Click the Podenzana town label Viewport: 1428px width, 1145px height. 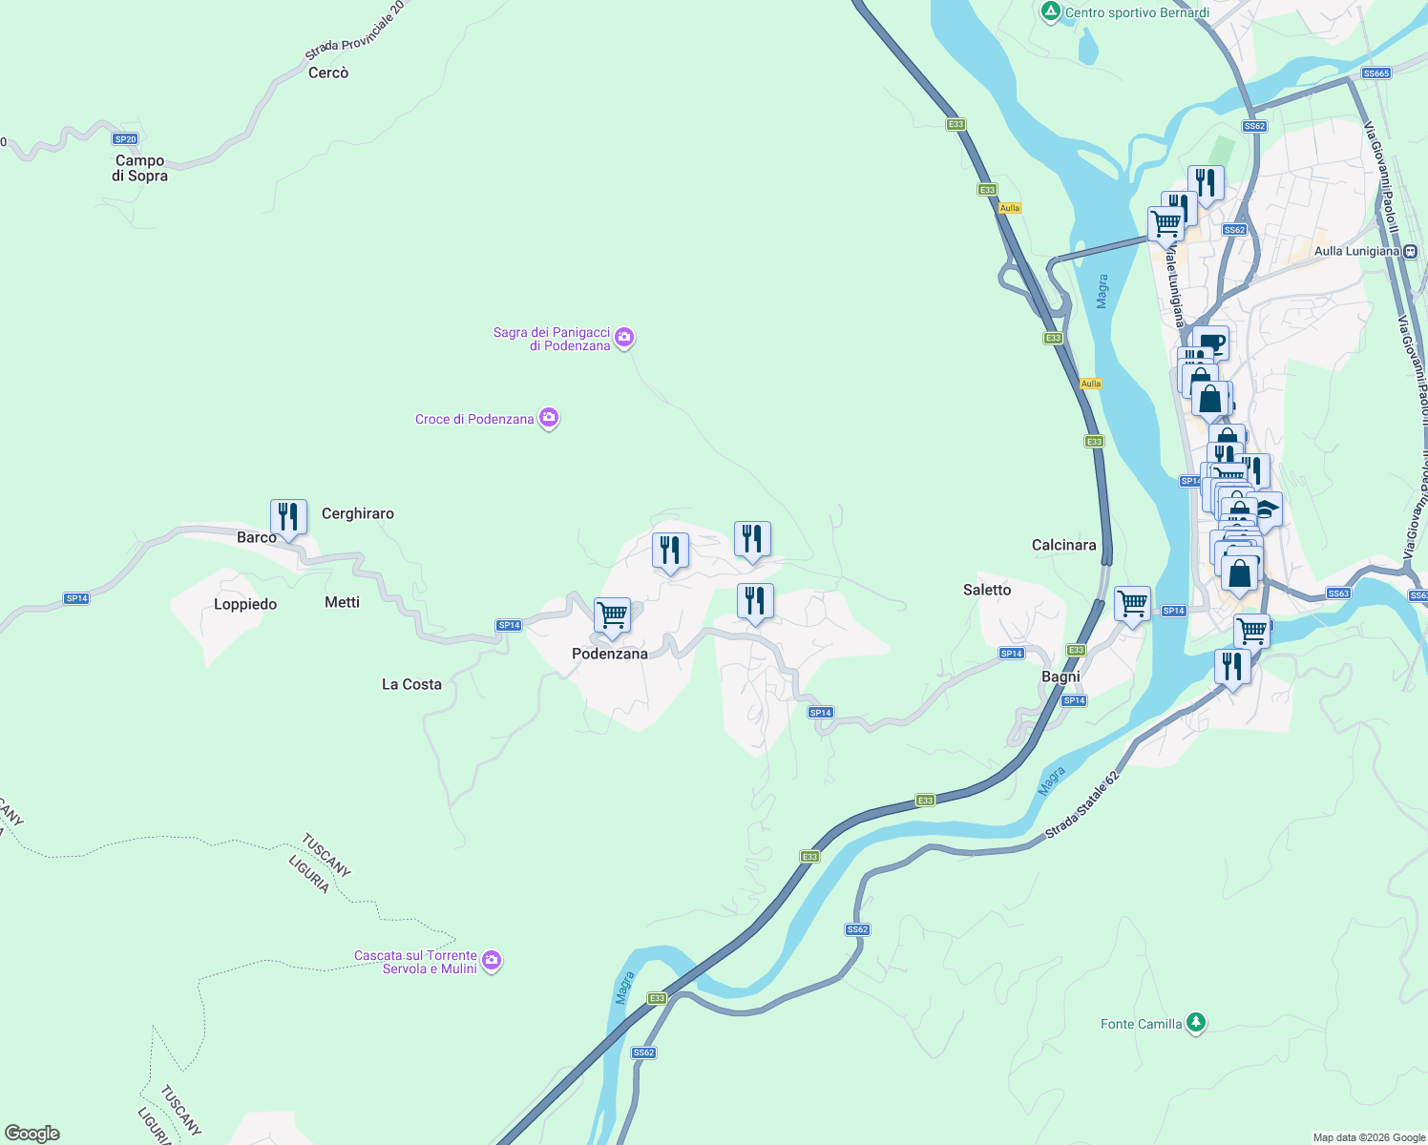coord(609,654)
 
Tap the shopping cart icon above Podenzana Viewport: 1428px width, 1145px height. coord(612,616)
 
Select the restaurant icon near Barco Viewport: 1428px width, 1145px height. coord(288,517)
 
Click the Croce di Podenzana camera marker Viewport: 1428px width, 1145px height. coord(549,418)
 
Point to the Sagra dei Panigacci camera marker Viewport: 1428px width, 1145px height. coord(624,337)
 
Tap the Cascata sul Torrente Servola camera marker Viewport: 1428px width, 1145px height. coord(492,960)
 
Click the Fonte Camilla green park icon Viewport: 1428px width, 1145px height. coord(1195,1023)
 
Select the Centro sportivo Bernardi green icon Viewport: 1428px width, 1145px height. coord(1051,12)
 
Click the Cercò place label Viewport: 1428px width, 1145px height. coord(328,73)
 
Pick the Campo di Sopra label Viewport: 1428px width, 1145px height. coord(140,168)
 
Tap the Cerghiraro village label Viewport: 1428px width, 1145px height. coord(358,513)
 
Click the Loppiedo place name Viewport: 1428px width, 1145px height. coord(245,604)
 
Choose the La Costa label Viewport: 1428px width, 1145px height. coord(411,684)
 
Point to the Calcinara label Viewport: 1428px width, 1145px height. coord(1063,545)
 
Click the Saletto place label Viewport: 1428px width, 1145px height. coord(987,590)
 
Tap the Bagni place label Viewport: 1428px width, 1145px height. coord(1060,677)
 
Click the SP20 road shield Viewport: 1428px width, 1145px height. coord(125,139)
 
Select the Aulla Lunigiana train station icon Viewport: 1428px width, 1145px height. coord(1410,251)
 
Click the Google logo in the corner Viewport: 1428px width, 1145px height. coord(32,1134)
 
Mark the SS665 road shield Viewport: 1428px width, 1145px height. coord(1376,73)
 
